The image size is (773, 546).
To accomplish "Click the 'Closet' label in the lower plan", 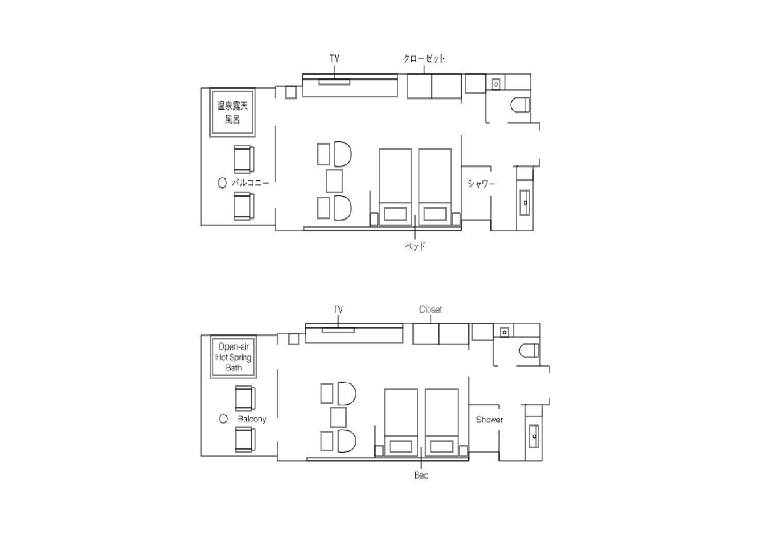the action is pos(430,310).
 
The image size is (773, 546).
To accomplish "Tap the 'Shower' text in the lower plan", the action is pos(490,419).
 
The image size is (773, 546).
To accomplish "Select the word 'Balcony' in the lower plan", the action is pos(253,419).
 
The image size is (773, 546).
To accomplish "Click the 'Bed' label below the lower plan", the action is pos(422,475).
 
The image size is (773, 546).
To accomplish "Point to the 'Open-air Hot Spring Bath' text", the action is pos(233,357).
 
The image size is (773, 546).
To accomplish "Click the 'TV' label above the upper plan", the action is pos(334,58).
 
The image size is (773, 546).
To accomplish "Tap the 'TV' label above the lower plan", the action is pos(338,310).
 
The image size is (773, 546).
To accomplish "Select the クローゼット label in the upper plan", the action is pos(424,58).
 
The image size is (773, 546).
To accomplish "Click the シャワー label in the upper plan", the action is pos(481,183).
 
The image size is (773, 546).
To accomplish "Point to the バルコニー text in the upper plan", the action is pos(250,182).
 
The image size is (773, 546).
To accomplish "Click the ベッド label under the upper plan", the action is pos(415,246).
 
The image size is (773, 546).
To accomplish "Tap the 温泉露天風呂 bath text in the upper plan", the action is pos(232,112).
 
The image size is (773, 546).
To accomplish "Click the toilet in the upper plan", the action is pos(519,105).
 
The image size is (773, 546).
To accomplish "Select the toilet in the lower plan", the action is pos(529,350).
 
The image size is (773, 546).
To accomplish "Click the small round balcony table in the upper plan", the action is pos(222,182).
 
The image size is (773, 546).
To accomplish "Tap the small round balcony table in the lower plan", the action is pos(223,419).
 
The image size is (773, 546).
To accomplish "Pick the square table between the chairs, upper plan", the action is pos(334,181).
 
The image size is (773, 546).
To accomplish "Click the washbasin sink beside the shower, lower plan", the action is pos(534,436).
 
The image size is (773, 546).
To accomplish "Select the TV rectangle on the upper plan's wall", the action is pos(334,82).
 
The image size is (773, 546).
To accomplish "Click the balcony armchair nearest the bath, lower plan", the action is pos(245,398).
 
